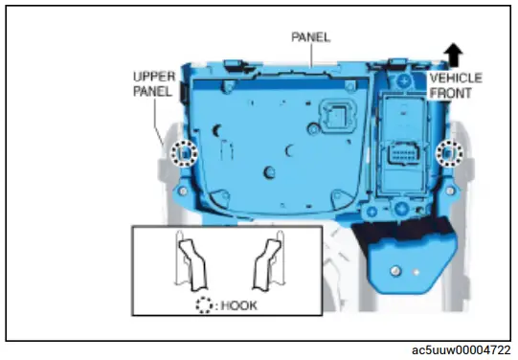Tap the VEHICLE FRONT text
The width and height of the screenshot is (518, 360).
coord(455,86)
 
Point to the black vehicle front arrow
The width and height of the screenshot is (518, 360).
coord(452,54)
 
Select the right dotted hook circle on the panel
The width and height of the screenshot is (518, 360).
coord(445,153)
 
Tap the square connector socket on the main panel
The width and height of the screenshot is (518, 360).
coord(338,117)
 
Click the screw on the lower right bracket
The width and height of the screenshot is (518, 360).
coord(394,272)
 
